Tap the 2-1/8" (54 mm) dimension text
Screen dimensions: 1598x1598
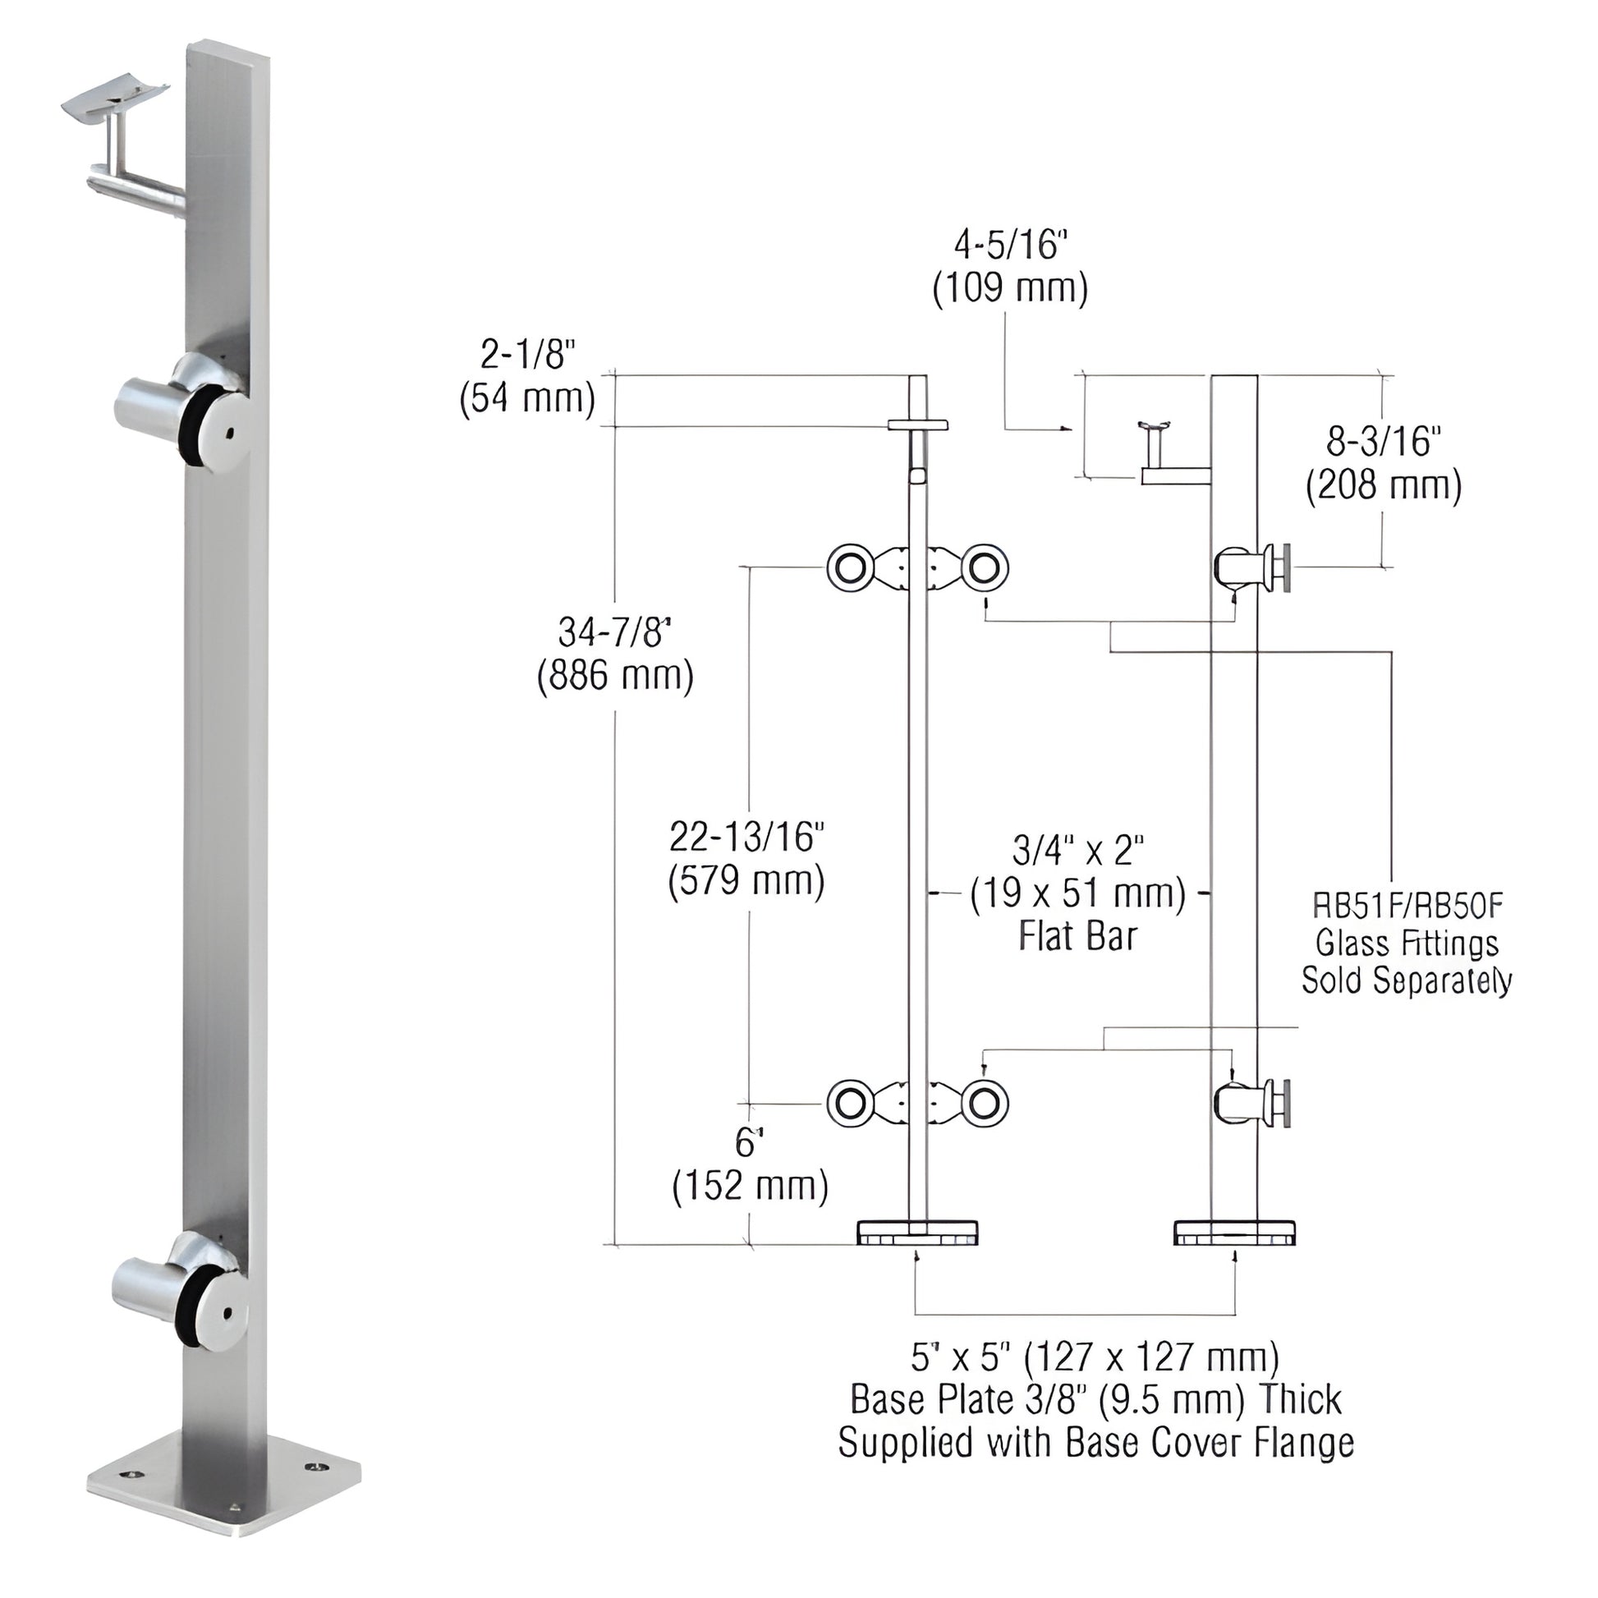(x=528, y=377)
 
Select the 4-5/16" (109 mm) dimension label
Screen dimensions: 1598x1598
(x=1010, y=266)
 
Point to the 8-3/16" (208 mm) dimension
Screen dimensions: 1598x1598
(x=1384, y=463)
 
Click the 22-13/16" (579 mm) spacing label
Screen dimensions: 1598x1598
(x=746, y=860)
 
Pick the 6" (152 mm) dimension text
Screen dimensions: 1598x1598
(x=750, y=1165)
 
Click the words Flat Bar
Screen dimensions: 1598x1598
(x=1077, y=936)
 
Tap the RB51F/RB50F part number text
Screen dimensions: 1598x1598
(x=1407, y=907)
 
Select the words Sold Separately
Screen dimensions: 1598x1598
(x=1407, y=981)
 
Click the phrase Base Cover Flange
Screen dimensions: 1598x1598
(x=1210, y=1444)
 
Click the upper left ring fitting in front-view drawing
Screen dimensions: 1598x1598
(x=848, y=568)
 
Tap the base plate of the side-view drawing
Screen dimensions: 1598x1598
(x=1234, y=1233)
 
